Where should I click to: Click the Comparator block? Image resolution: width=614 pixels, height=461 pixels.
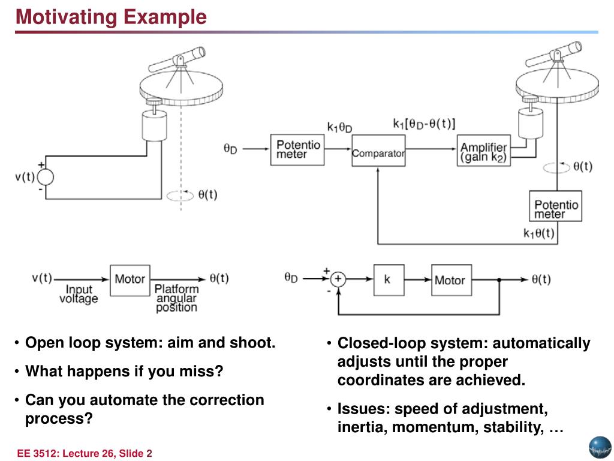378,153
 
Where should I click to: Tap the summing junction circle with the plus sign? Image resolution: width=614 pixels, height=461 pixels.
338,279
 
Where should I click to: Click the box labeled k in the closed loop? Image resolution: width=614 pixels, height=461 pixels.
387,279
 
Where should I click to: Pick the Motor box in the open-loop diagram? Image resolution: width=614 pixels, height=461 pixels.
130,279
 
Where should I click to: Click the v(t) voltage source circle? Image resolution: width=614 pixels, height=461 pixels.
45,178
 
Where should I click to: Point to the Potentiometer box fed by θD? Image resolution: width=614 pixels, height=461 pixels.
298,149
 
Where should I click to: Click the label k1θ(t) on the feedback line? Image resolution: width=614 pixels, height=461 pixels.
538,234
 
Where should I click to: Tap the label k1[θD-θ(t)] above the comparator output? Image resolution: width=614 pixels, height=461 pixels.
424,125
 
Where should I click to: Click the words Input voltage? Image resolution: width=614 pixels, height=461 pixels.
79,294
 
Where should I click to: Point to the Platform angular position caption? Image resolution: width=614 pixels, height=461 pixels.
176,298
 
